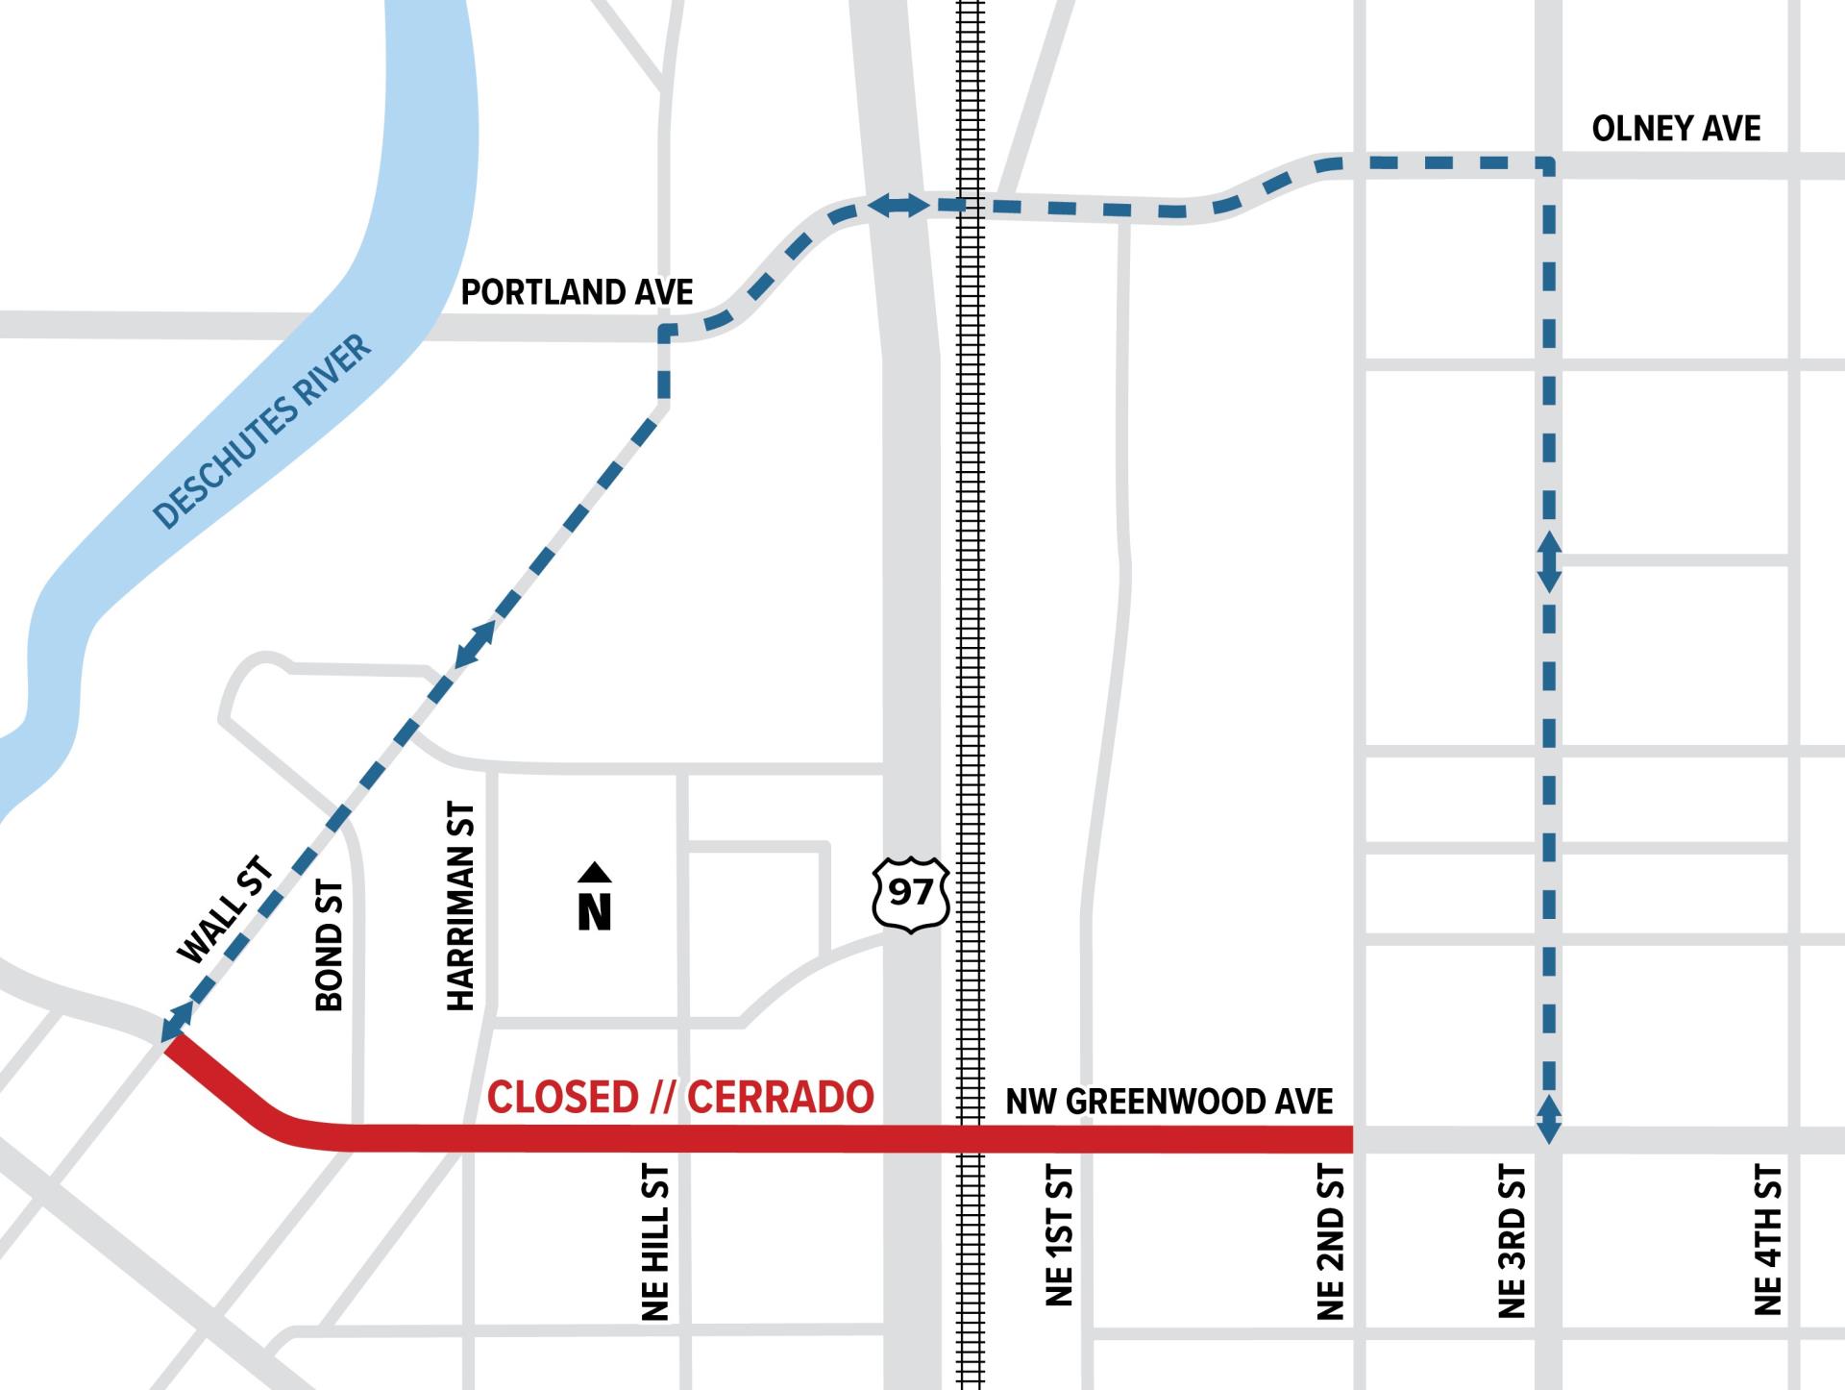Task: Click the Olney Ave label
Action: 1676,129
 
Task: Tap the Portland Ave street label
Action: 577,292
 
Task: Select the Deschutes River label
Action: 261,432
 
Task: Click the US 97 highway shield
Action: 911,894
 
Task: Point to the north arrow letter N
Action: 595,911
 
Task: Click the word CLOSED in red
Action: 562,1098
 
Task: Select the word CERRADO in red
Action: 780,1098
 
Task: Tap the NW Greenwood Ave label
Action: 1168,1102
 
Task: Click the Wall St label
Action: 227,909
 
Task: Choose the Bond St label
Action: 330,945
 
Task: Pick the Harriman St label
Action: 461,906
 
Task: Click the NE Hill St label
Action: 654,1242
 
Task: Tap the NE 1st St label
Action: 1058,1235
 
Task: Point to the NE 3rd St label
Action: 1512,1241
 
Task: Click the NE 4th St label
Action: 1768,1240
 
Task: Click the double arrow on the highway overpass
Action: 898,205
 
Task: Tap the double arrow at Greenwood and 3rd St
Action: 1549,1118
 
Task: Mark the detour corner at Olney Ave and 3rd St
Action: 1548,164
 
